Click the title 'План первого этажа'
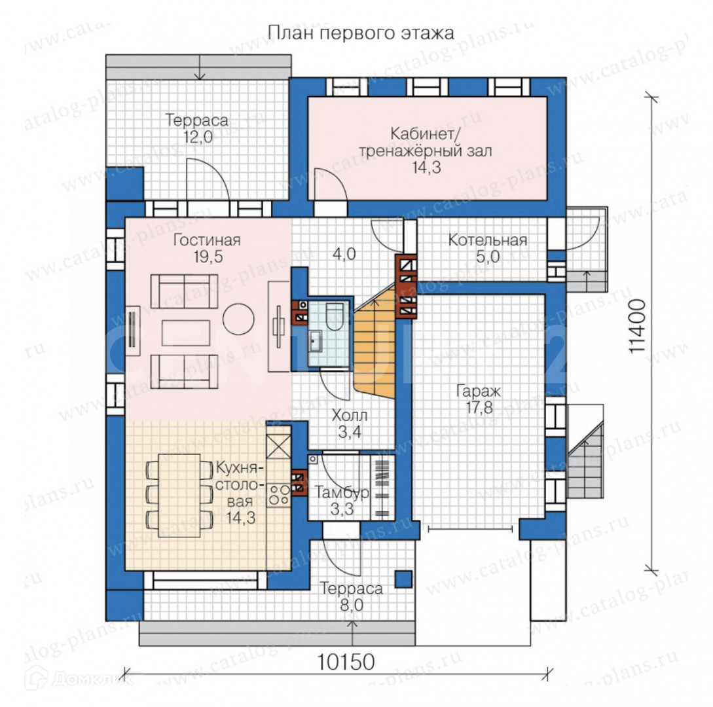[x=361, y=33]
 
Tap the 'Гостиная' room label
[x=207, y=240]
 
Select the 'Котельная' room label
[x=488, y=240]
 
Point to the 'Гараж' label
[x=479, y=391]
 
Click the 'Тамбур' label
[x=342, y=493]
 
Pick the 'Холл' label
[x=349, y=416]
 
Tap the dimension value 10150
[x=345, y=662]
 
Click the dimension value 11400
[x=638, y=325]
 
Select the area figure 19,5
[x=208, y=257]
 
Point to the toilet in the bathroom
[x=335, y=316]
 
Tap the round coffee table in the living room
[x=238, y=319]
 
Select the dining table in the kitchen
[x=179, y=496]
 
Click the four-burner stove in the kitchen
[x=279, y=495]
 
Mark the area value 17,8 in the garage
[x=479, y=408]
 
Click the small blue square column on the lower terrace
[x=403, y=579]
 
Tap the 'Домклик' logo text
[x=92, y=680]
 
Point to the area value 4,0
[x=344, y=254]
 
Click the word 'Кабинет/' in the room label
[x=422, y=135]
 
